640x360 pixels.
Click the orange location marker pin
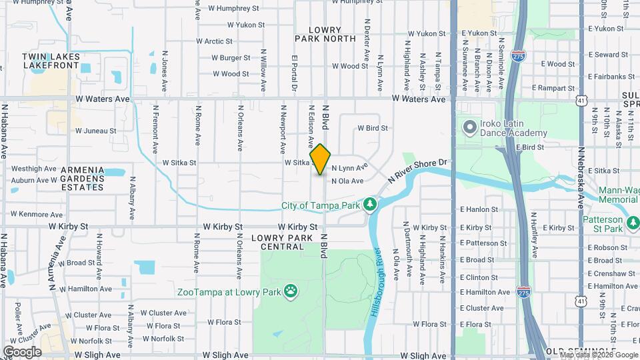coord(320,159)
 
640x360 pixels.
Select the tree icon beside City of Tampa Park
coord(369,204)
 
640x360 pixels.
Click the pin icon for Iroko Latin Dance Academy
coord(470,125)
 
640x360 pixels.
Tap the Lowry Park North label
coord(333,35)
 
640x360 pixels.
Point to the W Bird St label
coord(373,128)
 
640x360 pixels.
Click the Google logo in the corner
coord(22,351)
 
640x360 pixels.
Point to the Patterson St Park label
coord(603,225)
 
